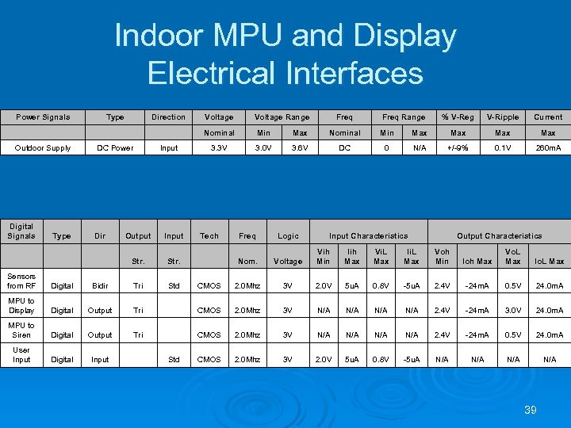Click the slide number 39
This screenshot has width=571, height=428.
pos(531,410)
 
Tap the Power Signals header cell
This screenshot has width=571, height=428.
pos(44,117)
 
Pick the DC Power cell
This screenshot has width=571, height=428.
pos(115,148)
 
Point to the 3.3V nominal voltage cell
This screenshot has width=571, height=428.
pos(219,148)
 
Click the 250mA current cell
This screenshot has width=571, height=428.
pos(548,148)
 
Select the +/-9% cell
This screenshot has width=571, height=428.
pos(458,148)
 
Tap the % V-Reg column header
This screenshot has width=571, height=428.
pos(458,117)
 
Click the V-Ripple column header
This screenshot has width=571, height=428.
pos(503,117)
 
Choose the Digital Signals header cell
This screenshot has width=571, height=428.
pos(21,231)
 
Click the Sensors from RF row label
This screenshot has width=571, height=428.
pos(21,281)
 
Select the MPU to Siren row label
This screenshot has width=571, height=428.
pos(21,331)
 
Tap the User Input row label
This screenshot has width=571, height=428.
pos(21,355)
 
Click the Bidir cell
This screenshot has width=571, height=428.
pos(100,286)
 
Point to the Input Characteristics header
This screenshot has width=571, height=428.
pos(368,236)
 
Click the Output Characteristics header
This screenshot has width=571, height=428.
pos(500,236)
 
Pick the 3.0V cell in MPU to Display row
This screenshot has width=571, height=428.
pos(513,311)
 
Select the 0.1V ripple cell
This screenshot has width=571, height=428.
pos(503,148)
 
